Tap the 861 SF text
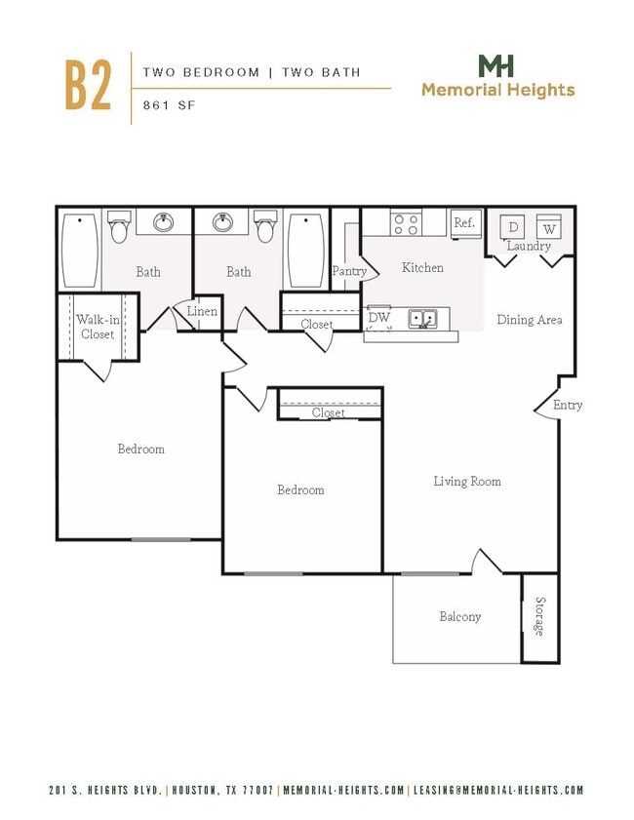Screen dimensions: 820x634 tap(170, 105)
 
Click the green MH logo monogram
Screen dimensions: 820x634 tap(496, 66)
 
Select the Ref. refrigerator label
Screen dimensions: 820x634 tap(464, 223)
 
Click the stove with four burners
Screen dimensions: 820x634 tap(406, 224)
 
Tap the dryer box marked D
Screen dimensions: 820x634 tap(513, 227)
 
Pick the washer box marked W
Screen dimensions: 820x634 tap(548, 227)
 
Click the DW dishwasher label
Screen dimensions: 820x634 tap(378, 318)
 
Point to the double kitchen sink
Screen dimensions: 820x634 tap(422, 318)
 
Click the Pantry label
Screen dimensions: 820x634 tap(349, 271)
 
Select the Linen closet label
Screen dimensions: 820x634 tap(202, 312)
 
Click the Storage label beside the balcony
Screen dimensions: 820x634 tap(539, 616)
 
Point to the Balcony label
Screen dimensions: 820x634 tap(459, 616)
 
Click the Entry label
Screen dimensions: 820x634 tap(568, 405)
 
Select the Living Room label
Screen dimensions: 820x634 tap(467, 481)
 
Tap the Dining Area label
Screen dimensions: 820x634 tap(529, 319)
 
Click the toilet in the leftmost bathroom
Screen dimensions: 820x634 tap(119, 227)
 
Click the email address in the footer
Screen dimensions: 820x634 tap(497, 791)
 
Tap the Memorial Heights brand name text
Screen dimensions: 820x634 tap(497, 91)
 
